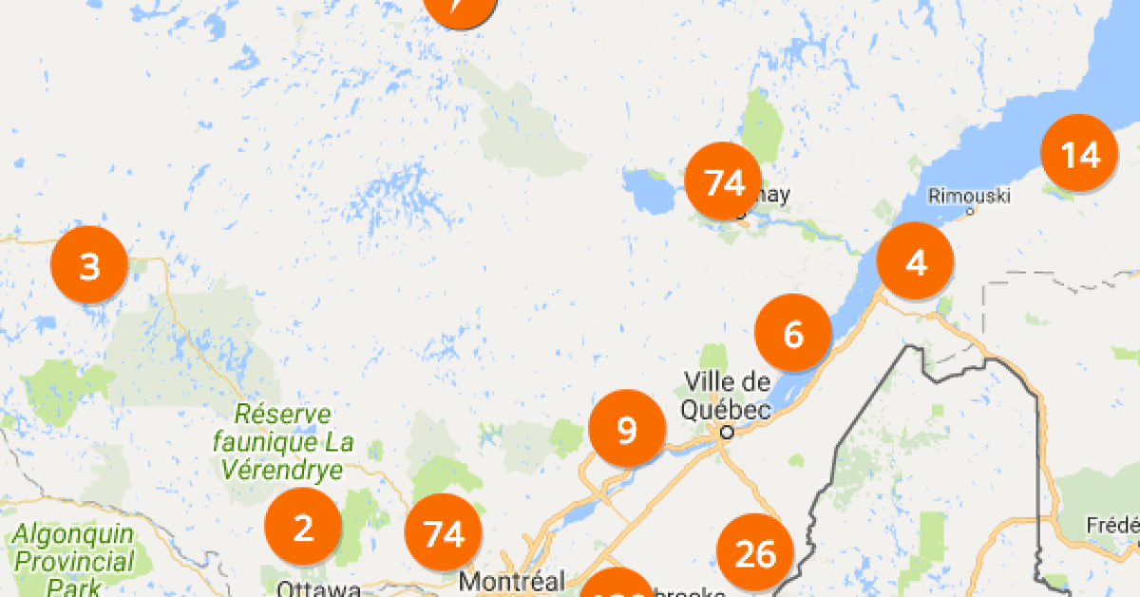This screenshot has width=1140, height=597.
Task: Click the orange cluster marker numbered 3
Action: coord(89,266)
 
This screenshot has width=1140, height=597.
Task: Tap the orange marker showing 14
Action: coord(1080,153)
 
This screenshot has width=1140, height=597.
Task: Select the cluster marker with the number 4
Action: coord(916,262)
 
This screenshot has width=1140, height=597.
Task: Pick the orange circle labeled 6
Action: coord(793,333)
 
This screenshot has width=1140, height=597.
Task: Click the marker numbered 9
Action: coord(627,430)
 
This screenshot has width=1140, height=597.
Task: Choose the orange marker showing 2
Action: coord(303,527)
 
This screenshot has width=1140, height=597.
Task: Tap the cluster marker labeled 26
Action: coord(755,553)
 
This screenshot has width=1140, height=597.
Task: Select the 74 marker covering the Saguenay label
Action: coord(724,181)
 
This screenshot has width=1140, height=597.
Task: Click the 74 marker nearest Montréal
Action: coord(444,533)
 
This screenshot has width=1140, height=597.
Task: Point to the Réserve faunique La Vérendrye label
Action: coord(283,441)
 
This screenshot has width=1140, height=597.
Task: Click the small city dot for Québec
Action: coord(727,432)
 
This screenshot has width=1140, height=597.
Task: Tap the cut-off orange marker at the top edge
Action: coord(460,8)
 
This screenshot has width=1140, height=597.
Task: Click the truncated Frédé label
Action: coord(1112,525)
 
